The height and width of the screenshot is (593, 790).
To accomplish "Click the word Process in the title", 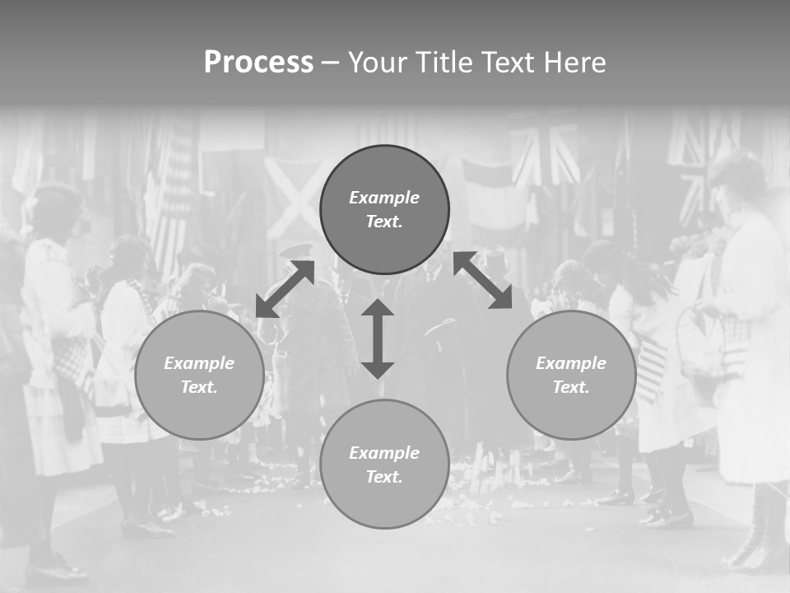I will pos(258,63).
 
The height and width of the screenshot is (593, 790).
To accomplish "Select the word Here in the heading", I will pos(573,63).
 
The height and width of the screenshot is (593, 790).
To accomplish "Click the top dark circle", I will pos(384,210).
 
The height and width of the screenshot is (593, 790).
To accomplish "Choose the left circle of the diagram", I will pos(199,375).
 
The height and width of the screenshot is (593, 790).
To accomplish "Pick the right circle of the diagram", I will pos(571,375).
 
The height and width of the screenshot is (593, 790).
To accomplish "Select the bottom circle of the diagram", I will pos(384,464).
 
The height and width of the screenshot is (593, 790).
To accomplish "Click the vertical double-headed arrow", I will pos(378,339).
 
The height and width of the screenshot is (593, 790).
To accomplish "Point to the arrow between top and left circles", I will pos(285,289).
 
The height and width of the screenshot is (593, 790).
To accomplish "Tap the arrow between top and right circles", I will pos(482,281).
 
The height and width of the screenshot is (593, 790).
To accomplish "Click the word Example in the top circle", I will pos(384,198).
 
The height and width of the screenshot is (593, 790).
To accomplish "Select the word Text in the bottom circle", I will pos(383,477).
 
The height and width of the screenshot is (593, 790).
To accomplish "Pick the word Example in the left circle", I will pos(199,363).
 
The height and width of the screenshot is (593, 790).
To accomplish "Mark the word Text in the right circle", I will pos(570,387).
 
